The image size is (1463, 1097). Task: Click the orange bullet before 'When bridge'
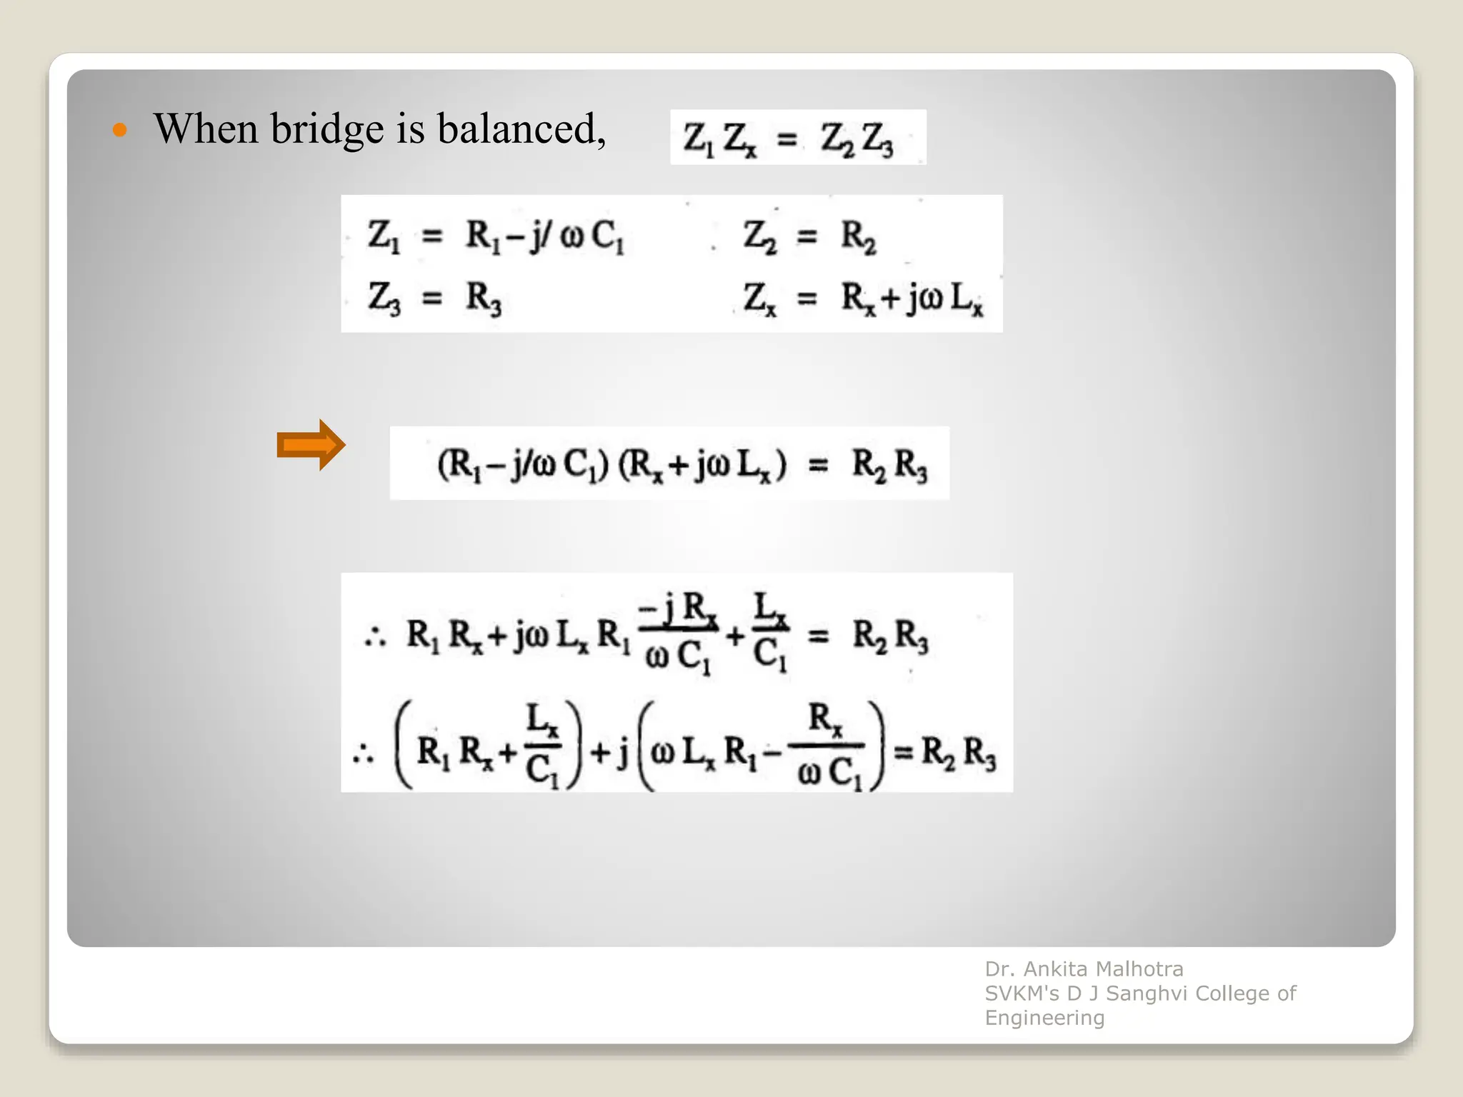(x=120, y=130)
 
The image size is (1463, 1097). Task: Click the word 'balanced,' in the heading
(x=521, y=129)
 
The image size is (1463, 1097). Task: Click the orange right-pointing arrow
(x=311, y=445)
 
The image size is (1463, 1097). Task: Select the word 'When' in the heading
(x=206, y=129)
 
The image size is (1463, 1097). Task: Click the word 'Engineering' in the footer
(x=1044, y=1018)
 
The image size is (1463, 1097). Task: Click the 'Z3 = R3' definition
(x=434, y=298)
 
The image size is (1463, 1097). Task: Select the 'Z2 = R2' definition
(x=809, y=236)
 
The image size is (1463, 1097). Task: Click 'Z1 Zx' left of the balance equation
(x=719, y=139)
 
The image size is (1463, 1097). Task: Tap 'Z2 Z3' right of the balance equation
(x=857, y=139)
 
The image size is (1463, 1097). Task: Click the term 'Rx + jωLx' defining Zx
(x=912, y=298)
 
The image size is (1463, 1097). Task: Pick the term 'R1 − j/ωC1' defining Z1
(x=544, y=236)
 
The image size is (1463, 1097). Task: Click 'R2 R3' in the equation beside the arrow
(x=889, y=465)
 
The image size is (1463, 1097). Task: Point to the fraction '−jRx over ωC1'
(x=678, y=633)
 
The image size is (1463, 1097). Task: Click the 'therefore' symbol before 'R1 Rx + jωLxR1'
(x=375, y=635)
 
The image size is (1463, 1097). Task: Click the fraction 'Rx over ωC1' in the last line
(x=827, y=745)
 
